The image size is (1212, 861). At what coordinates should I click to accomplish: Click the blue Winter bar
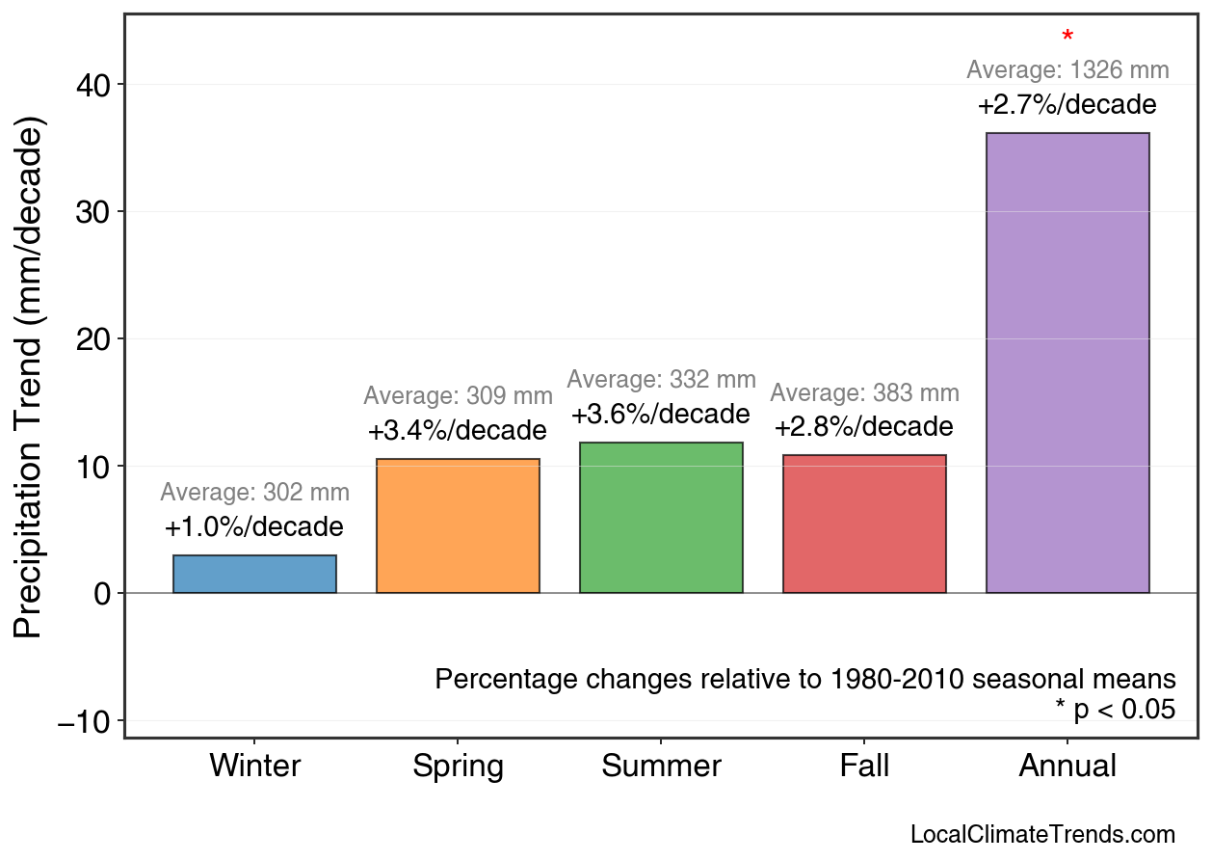tap(254, 574)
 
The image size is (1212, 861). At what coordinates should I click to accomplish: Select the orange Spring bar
tap(458, 525)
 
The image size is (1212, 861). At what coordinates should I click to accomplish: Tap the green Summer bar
tap(661, 518)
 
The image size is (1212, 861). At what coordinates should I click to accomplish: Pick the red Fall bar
tap(864, 524)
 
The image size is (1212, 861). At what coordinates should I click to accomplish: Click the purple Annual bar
tap(1067, 363)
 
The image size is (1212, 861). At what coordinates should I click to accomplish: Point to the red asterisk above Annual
tap(1067, 38)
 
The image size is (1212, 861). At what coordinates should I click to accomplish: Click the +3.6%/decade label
tap(660, 415)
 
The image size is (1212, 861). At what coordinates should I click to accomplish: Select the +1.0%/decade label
tap(253, 527)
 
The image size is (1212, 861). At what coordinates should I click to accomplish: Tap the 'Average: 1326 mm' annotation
tap(1067, 70)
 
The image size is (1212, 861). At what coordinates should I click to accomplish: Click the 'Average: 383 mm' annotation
tap(864, 393)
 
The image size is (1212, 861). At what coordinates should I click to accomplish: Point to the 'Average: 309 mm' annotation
tap(458, 396)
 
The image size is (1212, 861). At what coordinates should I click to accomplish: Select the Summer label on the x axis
tap(661, 767)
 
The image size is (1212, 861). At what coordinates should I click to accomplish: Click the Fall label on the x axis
tap(864, 767)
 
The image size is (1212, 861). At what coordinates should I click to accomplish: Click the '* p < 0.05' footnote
tap(1115, 710)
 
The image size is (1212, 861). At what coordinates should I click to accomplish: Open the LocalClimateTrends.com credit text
tap(1042, 835)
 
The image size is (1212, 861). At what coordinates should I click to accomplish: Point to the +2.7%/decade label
tap(1067, 105)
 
